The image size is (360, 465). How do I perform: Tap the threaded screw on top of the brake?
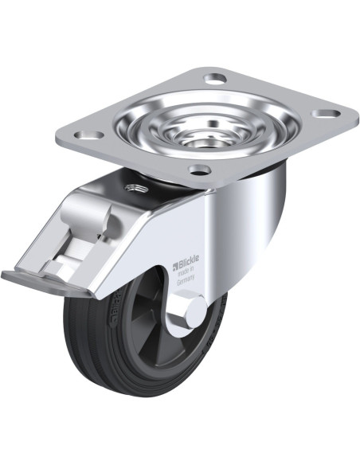point(131,188)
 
